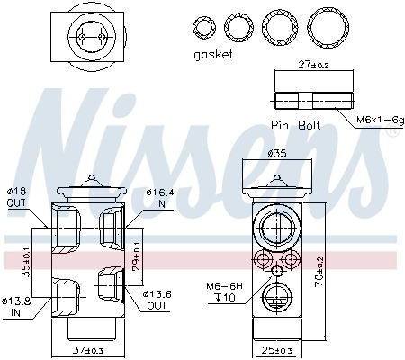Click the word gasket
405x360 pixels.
[213, 54]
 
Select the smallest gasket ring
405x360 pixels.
[205, 25]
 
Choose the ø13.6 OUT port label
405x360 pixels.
[157, 299]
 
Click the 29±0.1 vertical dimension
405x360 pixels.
[135, 251]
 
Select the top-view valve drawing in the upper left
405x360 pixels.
[88, 36]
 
